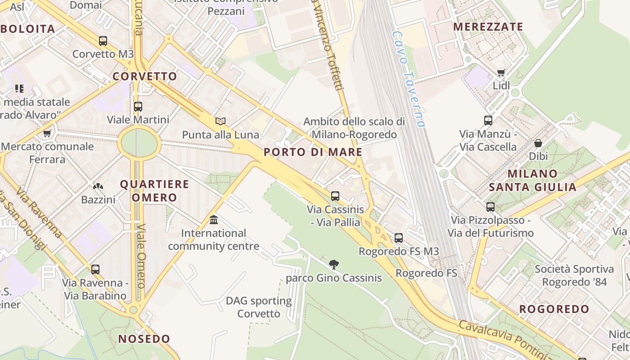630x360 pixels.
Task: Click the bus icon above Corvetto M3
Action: (x=103, y=41)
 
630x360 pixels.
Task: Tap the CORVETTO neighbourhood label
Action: (x=145, y=76)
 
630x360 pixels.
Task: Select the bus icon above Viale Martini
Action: (x=138, y=107)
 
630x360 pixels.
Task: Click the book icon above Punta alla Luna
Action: (x=220, y=121)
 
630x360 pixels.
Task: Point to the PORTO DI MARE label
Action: (x=313, y=152)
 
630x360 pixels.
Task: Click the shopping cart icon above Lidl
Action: (x=501, y=72)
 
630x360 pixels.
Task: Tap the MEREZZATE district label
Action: (x=488, y=27)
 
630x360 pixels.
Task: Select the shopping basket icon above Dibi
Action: (x=538, y=143)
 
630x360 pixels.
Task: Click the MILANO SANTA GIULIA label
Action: (x=533, y=180)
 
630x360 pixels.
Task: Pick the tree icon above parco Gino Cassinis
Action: (x=333, y=264)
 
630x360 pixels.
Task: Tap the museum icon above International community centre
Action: (x=214, y=220)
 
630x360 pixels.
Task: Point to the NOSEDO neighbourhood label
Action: (x=144, y=339)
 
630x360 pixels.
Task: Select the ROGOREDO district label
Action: (x=554, y=309)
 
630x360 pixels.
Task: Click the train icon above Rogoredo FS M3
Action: (x=399, y=238)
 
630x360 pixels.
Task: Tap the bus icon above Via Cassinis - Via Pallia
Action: (x=335, y=196)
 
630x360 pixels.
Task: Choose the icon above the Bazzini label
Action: (x=98, y=186)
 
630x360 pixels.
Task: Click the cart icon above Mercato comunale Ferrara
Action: (x=47, y=133)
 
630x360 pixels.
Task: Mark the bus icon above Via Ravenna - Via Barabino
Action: (x=95, y=270)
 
